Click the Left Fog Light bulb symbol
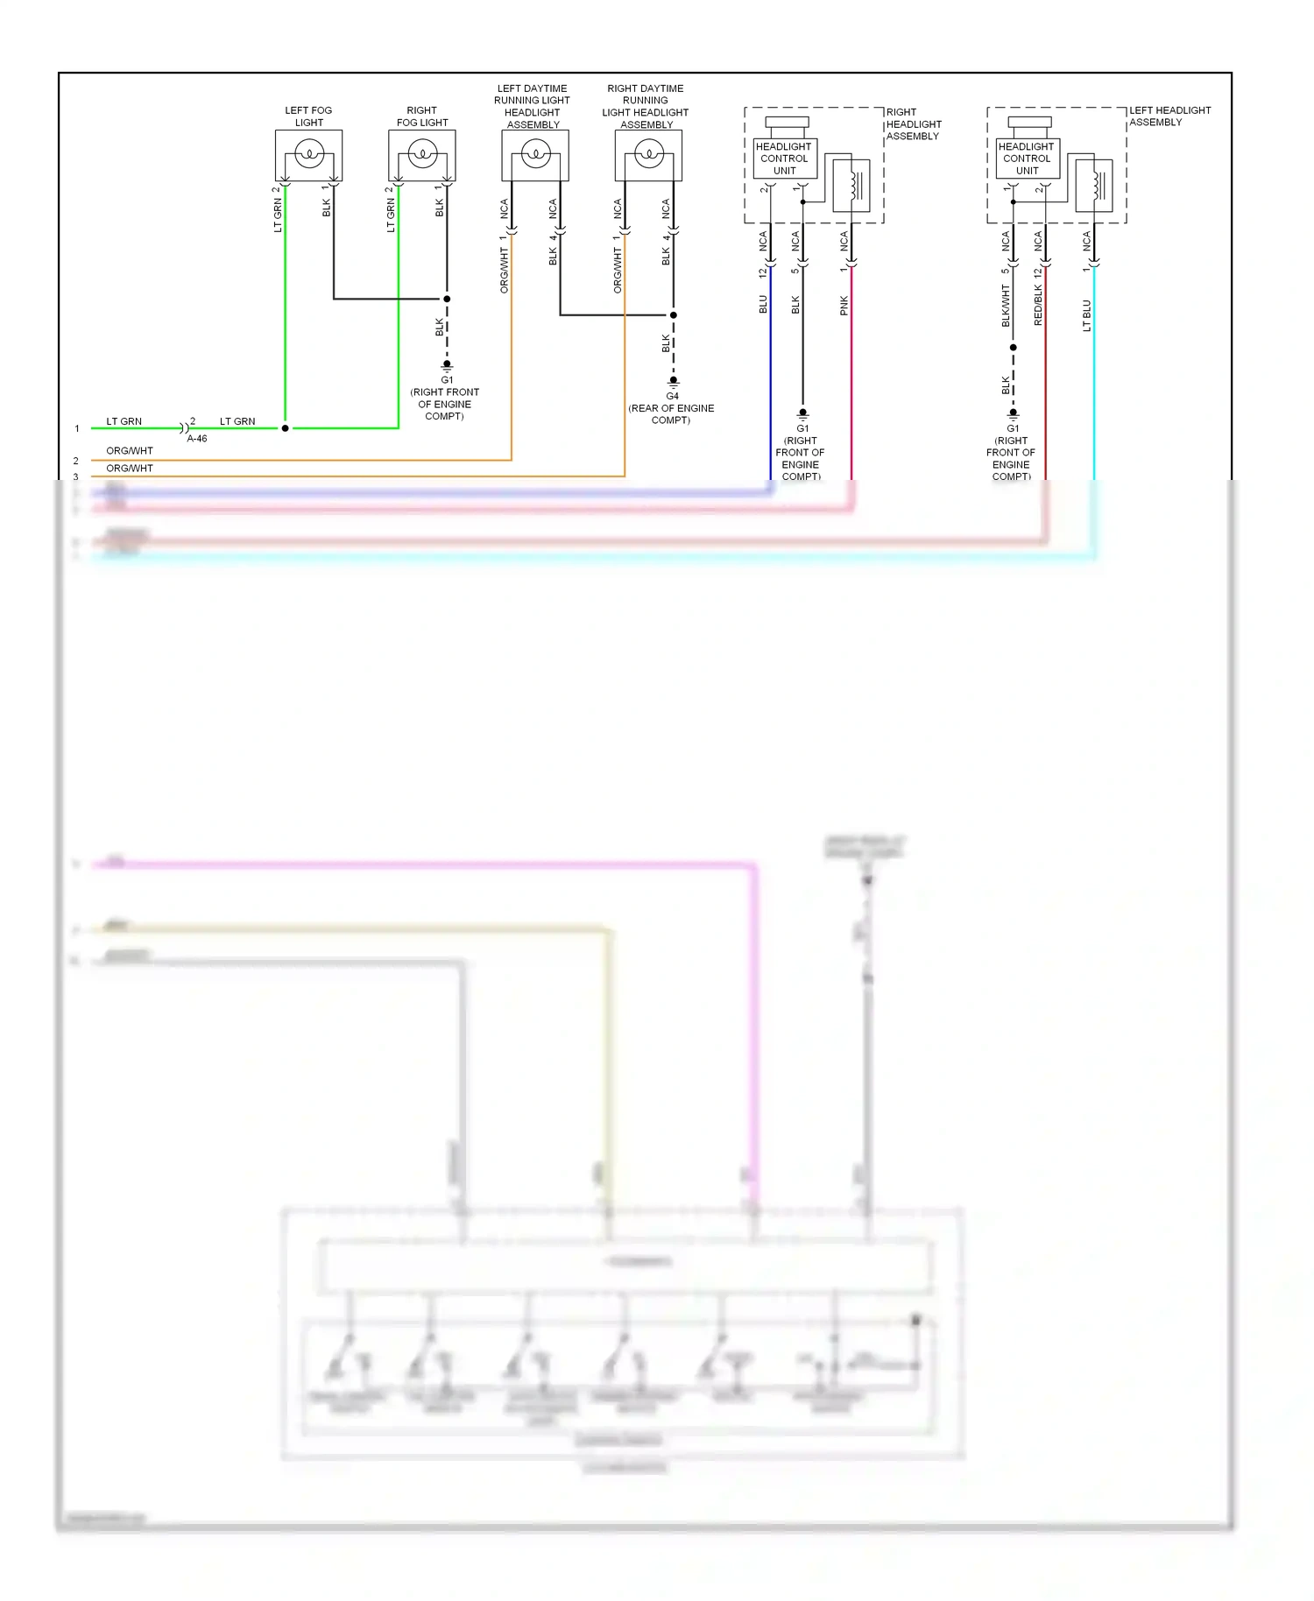point(308,155)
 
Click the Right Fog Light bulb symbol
point(422,155)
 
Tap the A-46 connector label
point(197,439)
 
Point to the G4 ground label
point(672,396)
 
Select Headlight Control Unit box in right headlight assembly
point(784,159)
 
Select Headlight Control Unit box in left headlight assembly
point(1027,159)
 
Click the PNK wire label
point(844,306)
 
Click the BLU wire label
point(763,304)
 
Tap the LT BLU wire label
point(1087,315)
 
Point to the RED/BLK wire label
point(1038,306)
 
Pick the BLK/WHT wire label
point(1006,307)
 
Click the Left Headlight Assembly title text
point(1169,116)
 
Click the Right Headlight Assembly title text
point(913,123)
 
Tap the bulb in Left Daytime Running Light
point(535,155)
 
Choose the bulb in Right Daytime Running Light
point(648,155)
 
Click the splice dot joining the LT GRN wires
point(286,428)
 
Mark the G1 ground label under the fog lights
point(447,379)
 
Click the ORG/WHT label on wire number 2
point(130,451)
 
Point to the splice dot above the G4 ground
point(674,314)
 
